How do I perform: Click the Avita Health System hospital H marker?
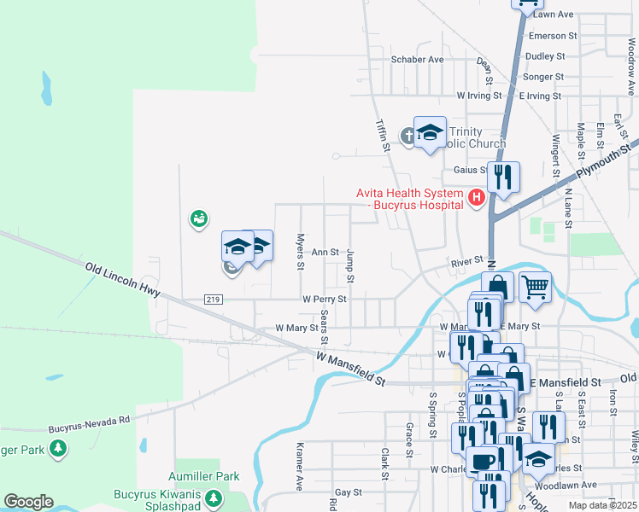477,200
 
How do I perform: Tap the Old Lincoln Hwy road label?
124,280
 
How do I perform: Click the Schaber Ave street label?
418,60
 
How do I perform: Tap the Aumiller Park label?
203,476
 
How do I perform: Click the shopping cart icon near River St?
534,287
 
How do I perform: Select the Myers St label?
300,252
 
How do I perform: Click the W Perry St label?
325,300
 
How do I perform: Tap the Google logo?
28,502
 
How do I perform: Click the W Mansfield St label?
350,368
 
